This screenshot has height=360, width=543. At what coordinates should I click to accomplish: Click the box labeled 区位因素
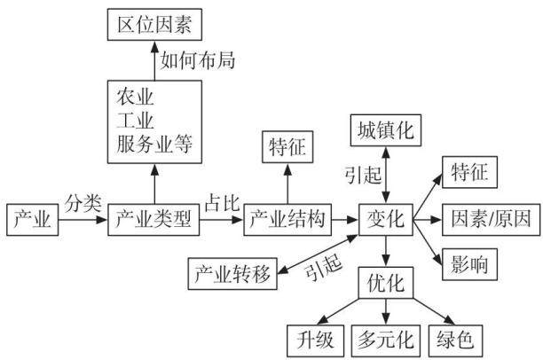tap(154, 25)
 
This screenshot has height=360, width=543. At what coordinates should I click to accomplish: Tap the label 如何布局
tap(198, 60)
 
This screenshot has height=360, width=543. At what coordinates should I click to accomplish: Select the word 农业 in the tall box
tap(135, 97)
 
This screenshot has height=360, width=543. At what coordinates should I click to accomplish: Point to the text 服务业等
tap(154, 144)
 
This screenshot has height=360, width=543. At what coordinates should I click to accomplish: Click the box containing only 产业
tap(33, 220)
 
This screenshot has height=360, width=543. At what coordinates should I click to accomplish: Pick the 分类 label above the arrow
tap(83, 202)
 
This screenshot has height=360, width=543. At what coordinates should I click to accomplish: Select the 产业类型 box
tap(153, 220)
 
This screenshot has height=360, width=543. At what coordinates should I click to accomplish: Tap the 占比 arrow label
tap(222, 202)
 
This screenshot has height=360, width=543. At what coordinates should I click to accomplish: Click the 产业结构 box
tap(287, 220)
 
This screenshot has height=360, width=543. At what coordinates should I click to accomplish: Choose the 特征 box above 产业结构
tap(287, 147)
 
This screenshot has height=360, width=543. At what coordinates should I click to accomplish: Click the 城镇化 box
tap(386, 130)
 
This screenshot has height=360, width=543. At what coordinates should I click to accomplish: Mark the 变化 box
tap(386, 220)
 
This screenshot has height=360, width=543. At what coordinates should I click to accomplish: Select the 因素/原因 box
tap(491, 220)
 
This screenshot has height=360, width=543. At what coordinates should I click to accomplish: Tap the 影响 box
tap(469, 264)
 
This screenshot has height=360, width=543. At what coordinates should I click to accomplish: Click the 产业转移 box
tap(232, 274)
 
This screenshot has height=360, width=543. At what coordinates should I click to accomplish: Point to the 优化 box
tap(386, 283)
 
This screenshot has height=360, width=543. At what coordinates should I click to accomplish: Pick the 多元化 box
tap(386, 341)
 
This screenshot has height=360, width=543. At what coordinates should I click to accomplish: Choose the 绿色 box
tap(455, 341)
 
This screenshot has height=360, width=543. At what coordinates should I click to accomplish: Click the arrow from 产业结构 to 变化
tap(345, 220)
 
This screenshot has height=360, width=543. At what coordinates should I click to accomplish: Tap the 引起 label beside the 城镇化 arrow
tap(363, 175)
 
